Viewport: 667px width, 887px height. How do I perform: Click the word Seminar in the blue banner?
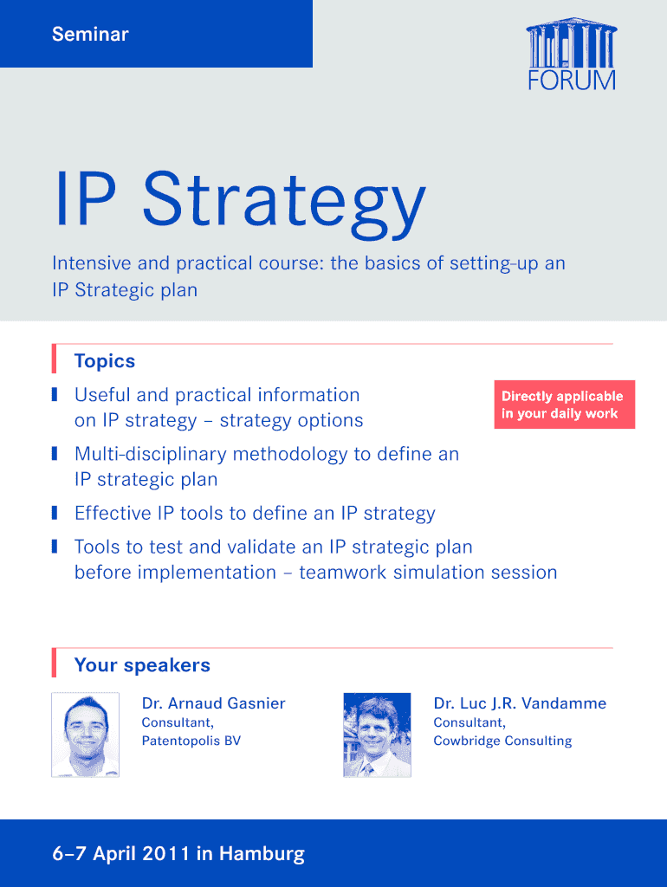pos(90,34)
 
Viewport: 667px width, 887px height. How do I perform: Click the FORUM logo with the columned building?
pos(572,55)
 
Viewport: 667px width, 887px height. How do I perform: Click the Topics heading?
pos(105,361)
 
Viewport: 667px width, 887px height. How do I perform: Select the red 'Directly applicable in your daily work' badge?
pos(565,405)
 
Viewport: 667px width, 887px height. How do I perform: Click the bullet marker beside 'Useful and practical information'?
pos(55,394)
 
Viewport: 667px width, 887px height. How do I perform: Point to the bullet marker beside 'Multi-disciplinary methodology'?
pos(55,454)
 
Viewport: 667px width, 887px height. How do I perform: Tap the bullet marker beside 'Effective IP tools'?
pos(55,513)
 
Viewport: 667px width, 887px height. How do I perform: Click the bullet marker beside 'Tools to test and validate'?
pos(55,547)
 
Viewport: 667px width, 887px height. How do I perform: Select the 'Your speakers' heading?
pos(142,665)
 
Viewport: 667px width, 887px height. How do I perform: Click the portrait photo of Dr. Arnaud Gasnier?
pos(86,735)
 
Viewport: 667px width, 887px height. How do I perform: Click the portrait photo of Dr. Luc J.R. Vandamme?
pos(378,735)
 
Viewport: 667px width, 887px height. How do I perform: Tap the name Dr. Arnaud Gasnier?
pos(213,703)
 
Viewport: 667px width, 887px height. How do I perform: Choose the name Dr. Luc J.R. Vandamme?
pos(520,703)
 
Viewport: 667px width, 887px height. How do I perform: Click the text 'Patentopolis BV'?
pos(191,741)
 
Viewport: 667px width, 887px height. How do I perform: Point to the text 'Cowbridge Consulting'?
pos(503,741)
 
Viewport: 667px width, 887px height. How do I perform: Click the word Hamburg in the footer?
pos(262,853)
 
